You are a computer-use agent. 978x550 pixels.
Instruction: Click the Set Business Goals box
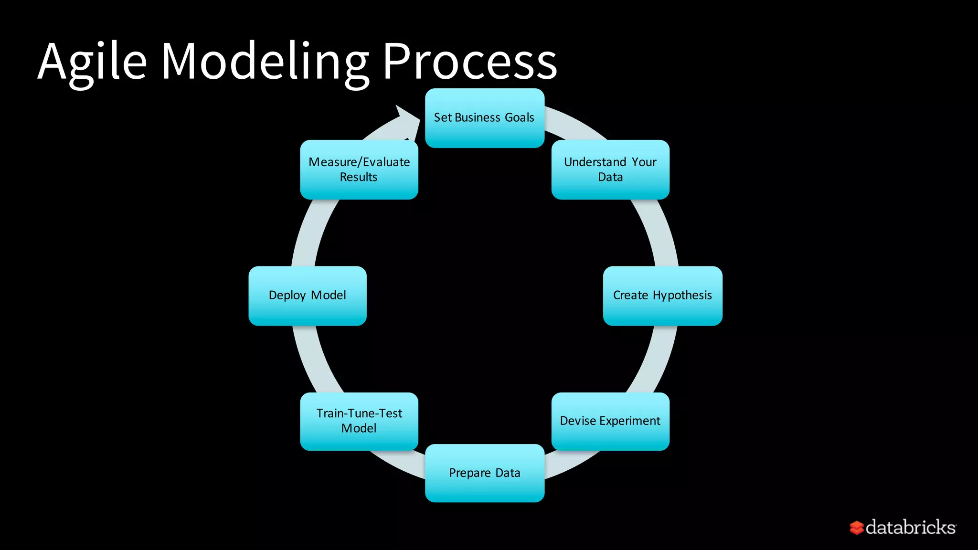point(484,118)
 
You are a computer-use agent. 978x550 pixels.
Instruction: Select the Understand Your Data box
point(610,169)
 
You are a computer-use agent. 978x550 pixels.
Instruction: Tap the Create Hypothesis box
point(662,296)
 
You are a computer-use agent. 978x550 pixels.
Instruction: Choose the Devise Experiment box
point(610,421)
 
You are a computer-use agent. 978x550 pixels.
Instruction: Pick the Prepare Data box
point(484,473)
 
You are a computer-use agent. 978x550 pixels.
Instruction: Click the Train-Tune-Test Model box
point(359,421)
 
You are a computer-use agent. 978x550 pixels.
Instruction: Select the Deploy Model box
point(308,296)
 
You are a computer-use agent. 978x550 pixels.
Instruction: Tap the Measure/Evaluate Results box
point(359,169)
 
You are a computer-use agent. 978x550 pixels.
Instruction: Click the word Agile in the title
point(92,62)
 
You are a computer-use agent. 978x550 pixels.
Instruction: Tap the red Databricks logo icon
point(856,528)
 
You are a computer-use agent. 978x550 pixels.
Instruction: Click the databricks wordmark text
point(910,528)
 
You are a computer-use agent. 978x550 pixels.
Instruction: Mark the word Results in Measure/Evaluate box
point(358,177)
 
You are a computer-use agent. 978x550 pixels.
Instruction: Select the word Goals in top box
point(519,117)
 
